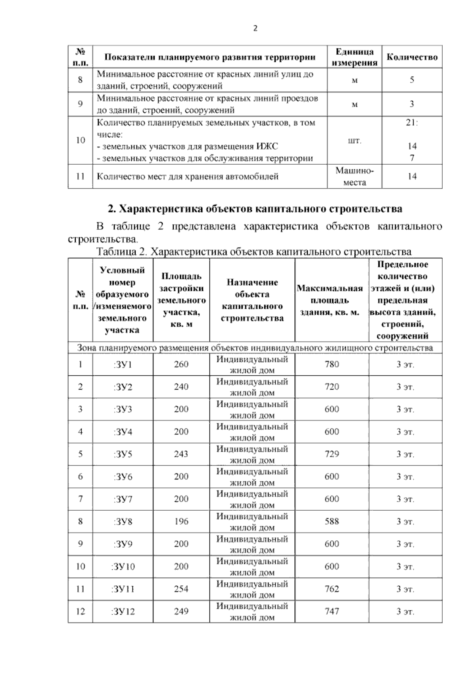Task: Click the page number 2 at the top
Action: (255, 29)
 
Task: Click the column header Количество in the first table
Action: (412, 57)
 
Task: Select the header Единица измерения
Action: (354, 57)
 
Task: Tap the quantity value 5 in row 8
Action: (412, 80)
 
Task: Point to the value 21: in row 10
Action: (412, 123)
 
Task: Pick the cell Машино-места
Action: (354, 176)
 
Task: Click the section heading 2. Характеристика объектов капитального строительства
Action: (255, 208)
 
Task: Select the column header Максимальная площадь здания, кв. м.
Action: (331, 300)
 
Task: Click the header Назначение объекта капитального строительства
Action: (252, 300)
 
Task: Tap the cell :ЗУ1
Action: (123, 364)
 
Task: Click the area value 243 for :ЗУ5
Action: (181, 454)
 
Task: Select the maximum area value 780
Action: (332, 364)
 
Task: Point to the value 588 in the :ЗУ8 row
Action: (332, 521)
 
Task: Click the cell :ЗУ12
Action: (123, 611)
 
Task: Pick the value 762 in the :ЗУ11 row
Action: (332, 589)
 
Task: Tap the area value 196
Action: (181, 521)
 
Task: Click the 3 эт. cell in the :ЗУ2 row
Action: (405, 387)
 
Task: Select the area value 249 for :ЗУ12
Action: (181, 611)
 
